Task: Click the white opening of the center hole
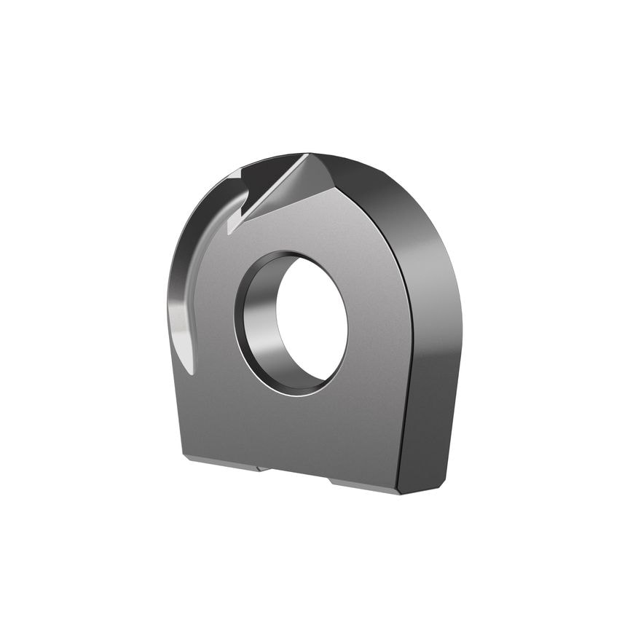coord(312,321)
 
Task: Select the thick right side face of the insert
coord(433,364)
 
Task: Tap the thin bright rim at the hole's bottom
coord(291,391)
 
